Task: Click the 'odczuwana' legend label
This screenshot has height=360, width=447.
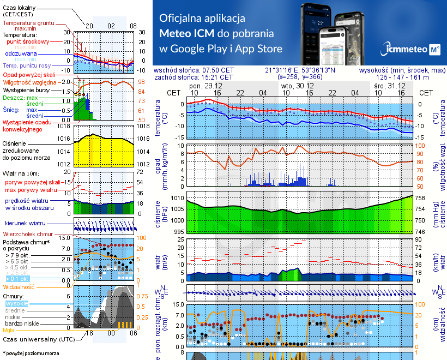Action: point(21,53)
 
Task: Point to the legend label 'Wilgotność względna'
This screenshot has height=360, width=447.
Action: point(30,81)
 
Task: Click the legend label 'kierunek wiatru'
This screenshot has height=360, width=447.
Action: point(25,224)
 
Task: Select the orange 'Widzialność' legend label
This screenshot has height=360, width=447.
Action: point(19,286)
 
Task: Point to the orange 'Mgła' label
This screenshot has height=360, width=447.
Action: point(9,330)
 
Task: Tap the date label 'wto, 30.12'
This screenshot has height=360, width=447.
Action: point(298,86)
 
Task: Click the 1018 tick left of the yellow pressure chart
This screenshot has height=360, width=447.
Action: point(64,127)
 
